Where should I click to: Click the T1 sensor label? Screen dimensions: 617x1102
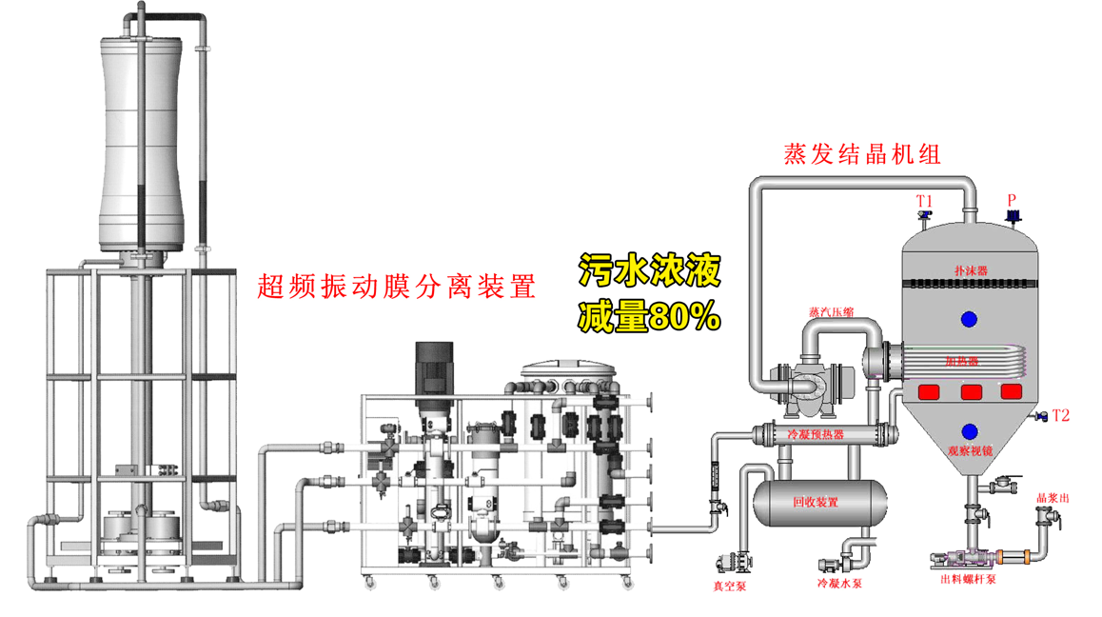pyautogui.click(x=924, y=201)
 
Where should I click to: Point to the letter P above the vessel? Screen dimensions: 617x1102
pyautogui.click(x=1013, y=200)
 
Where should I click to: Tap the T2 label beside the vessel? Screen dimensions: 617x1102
pyautogui.click(x=1061, y=415)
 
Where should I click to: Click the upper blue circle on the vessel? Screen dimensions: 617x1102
pyautogui.click(x=970, y=319)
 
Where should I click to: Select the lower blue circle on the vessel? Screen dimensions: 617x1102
pyautogui.click(x=970, y=432)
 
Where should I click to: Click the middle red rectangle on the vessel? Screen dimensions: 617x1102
pyautogui.click(x=971, y=391)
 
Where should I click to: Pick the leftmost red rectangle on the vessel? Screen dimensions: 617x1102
pyautogui.click(x=928, y=391)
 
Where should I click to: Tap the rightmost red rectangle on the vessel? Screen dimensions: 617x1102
pyautogui.click(x=1011, y=391)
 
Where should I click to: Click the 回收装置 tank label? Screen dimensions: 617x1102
pyautogui.click(x=815, y=502)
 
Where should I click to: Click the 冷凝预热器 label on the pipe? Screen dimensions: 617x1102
pyautogui.click(x=817, y=435)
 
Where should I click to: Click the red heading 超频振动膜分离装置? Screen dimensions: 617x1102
pyautogui.click(x=397, y=286)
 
